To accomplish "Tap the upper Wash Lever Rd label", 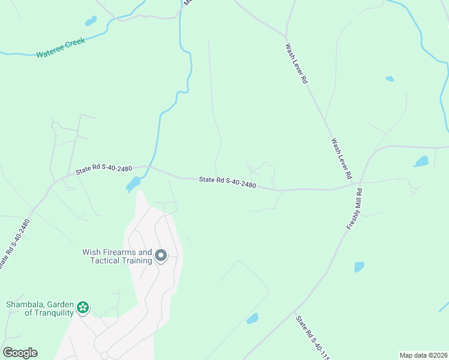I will (x=296, y=63).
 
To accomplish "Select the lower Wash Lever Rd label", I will (x=341, y=160).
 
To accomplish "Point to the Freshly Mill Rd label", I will (x=355, y=209).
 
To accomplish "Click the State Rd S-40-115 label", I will (x=313, y=338).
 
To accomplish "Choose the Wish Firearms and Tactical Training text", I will (x=117, y=256).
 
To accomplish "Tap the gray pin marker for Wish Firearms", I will (x=161, y=256).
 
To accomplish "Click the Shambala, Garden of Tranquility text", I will (x=40, y=308).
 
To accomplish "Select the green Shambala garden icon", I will (x=83, y=308).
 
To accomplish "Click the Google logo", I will (x=20, y=353).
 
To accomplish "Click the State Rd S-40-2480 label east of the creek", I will (x=228, y=182).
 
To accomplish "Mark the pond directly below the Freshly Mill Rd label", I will (x=359, y=267).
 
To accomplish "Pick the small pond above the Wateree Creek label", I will (x=91, y=22).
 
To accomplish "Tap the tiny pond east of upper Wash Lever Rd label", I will (x=390, y=79).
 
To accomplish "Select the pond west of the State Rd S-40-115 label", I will (x=253, y=318).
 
